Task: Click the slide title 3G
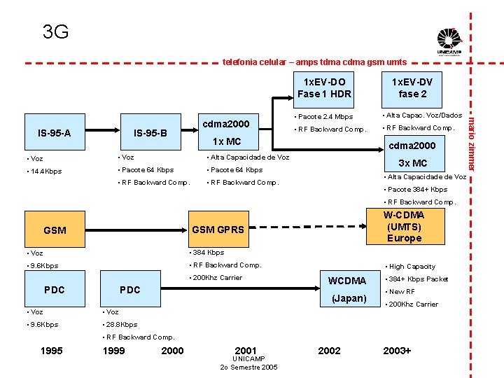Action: coord(55,31)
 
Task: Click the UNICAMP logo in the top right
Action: coord(449,41)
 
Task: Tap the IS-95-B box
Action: coord(150,133)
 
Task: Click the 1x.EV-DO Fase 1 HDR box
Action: coord(324,87)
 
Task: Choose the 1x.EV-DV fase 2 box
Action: coord(412,87)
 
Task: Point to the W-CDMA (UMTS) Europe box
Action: coord(404,226)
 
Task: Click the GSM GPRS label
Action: coord(218,230)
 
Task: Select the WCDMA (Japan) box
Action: coord(347,289)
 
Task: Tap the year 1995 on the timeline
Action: coord(52,351)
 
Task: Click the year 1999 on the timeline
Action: coord(114,351)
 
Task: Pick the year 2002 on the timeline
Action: coord(329,351)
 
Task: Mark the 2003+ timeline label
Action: coord(397,351)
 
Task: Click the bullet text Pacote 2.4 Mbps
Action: coord(325,116)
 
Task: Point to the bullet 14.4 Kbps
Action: coord(45,171)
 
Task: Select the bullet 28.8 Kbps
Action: coord(121,324)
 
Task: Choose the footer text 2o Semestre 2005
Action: coord(248,367)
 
